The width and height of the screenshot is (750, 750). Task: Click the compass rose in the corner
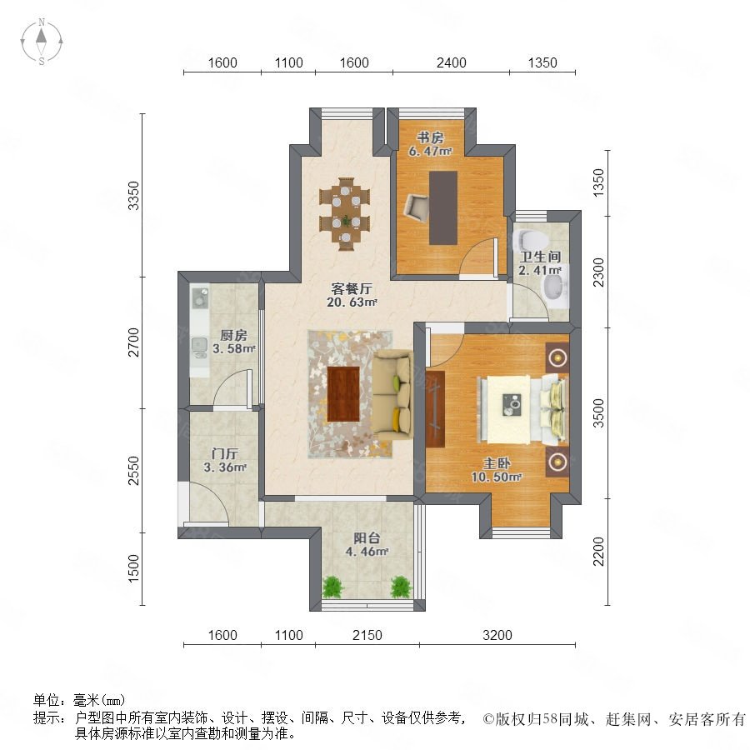[x=42, y=42]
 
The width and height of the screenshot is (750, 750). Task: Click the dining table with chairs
[x=345, y=214]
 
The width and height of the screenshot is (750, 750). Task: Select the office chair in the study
[x=417, y=207]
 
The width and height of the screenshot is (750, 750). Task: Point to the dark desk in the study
[x=443, y=208]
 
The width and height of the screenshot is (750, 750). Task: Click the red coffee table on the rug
[x=343, y=393]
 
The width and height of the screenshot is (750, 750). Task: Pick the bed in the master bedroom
[x=522, y=409]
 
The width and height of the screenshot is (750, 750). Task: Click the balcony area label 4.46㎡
[x=367, y=552]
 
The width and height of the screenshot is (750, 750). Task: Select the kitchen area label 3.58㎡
[x=234, y=348]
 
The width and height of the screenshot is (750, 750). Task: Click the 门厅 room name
[x=225, y=453]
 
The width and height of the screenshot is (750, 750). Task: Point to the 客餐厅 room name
[x=352, y=288]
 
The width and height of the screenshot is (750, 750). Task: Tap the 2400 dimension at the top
[x=451, y=62]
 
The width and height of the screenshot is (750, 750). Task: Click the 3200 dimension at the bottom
[x=497, y=635]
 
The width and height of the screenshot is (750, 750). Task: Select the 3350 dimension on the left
[x=134, y=196]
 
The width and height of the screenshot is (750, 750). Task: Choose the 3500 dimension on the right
[x=598, y=413]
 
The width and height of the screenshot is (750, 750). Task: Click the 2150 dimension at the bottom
[x=367, y=635]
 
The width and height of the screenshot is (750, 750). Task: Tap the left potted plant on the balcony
[x=332, y=587]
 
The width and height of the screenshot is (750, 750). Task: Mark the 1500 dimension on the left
[x=134, y=568]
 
